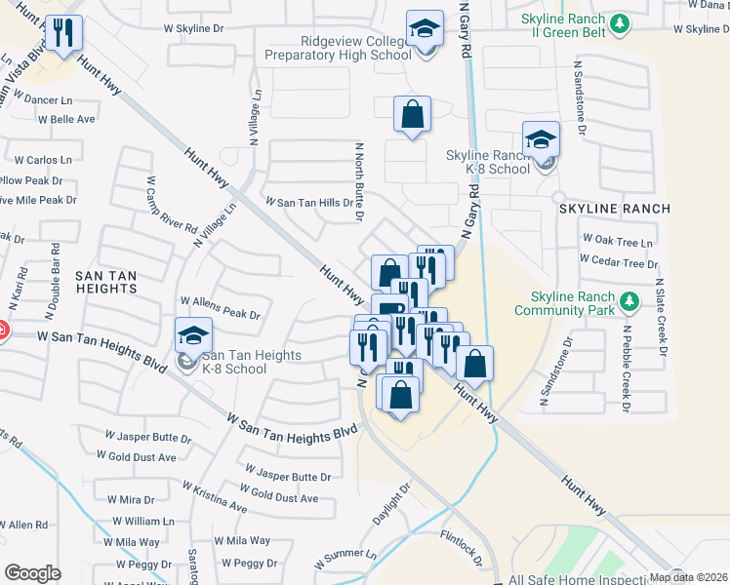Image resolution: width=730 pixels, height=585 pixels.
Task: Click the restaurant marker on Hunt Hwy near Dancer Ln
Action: tap(64, 34)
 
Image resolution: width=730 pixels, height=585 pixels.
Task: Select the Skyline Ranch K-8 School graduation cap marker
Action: tap(541, 138)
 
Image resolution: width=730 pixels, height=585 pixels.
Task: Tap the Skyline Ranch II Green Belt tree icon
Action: tap(618, 22)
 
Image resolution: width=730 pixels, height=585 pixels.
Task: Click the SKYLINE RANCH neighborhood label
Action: tap(615, 209)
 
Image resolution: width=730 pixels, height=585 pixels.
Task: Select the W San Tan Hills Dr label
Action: tap(308, 201)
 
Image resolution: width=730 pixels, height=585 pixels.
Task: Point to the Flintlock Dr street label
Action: tap(462, 547)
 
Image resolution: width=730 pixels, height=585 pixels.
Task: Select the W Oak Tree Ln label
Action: tap(616, 239)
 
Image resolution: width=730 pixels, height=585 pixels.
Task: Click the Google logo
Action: tap(32, 573)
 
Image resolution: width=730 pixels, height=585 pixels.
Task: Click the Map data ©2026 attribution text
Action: tap(688, 577)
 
